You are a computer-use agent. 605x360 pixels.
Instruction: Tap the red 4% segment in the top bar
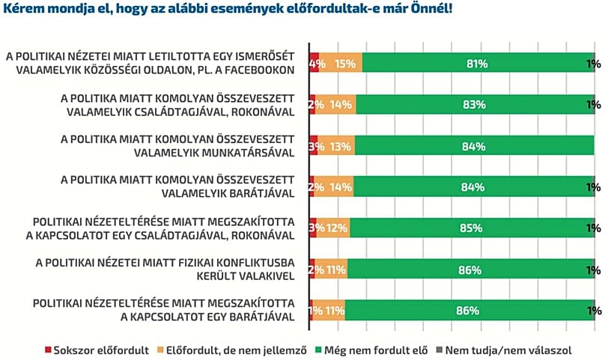(314, 64)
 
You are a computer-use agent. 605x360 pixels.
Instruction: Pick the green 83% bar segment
(474, 105)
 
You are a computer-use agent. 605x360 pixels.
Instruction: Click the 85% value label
(472, 228)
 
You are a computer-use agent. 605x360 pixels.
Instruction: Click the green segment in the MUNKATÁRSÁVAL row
(474, 147)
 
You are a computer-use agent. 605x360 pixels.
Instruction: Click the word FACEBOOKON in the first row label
(262, 70)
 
